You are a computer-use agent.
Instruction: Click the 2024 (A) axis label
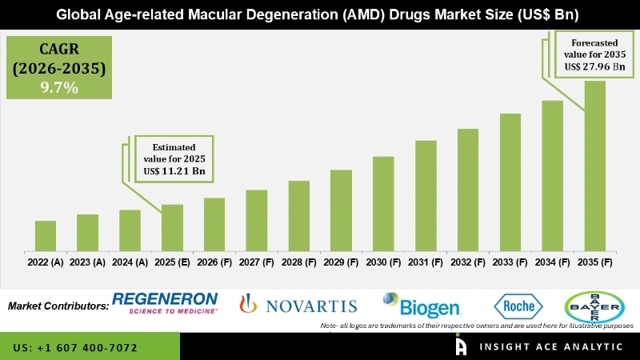coord(130,262)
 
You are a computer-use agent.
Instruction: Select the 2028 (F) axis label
coord(298,262)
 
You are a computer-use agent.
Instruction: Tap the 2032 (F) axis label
coord(468,262)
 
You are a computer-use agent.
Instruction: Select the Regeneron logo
coord(165,303)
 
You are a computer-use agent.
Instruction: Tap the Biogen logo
coord(421,306)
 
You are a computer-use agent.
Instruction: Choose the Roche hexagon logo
coord(518,306)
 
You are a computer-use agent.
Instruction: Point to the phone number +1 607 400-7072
coord(75,348)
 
